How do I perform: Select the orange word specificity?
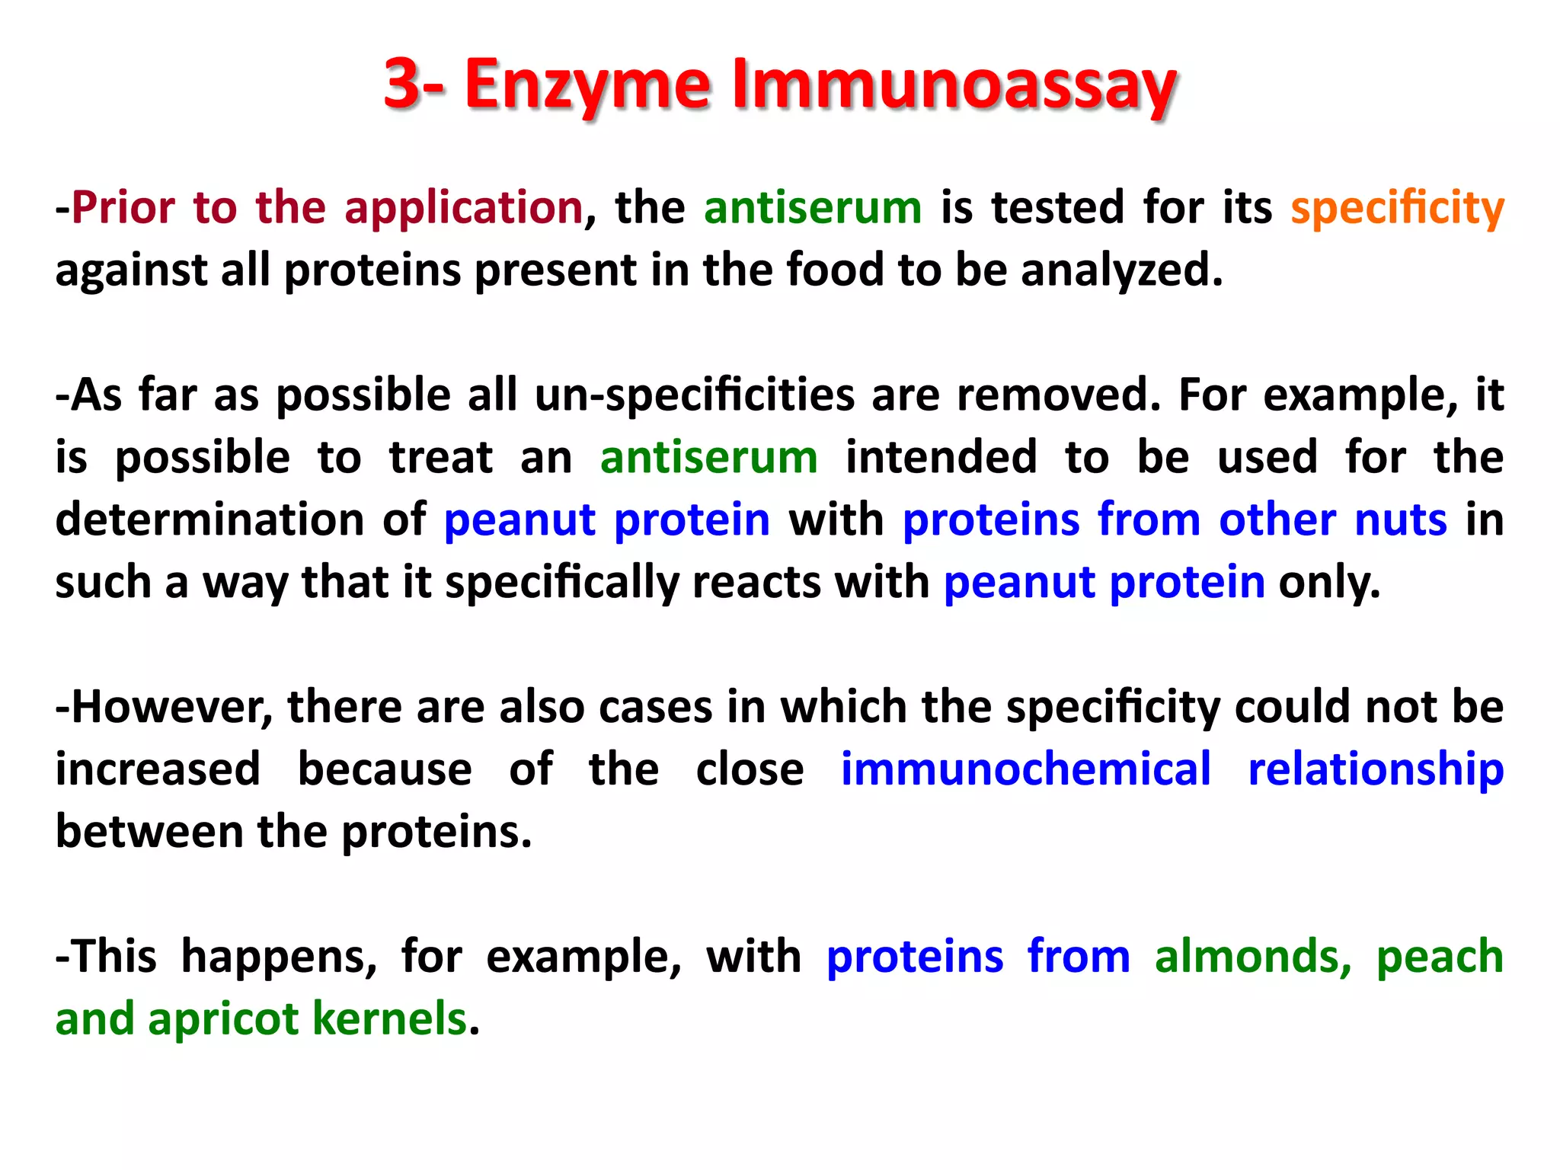point(1397,208)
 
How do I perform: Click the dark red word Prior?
point(123,207)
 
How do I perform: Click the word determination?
point(209,520)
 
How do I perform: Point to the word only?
point(1328,583)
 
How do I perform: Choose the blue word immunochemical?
point(1025,769)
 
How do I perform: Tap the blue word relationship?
point(1376,769)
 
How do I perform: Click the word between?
point(149,832)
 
